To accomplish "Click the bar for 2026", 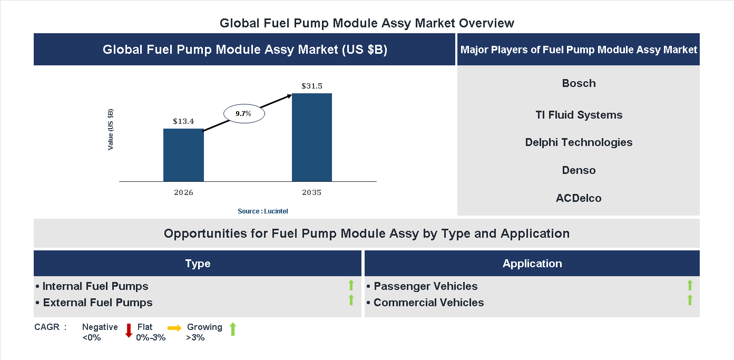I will pyautogui.click(x=183, y=155).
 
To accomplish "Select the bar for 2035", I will pyautogui.click(x=312, y=138).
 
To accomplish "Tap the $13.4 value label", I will pyautogui.click(x=183, y=121).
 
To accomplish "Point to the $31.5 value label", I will pyautogui.click(x=312, y=86).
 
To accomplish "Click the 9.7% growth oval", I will pyautogui.click(x=244, y=113).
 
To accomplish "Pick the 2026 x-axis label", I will pyautogui.click(x=183, y=192).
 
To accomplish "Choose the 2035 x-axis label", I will pyautogui.click(x=312, y=192).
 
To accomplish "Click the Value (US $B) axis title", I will pyautogui.click(x=111, y=129).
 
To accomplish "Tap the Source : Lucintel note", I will pyautogui.click(x=263, y=211).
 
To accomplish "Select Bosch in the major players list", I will pyautogui.click(x=579, y=83).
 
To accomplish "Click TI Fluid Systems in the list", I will pyautogui.click(x=579, y=115).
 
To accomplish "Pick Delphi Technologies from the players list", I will pyautogui.click(x=579, y=142).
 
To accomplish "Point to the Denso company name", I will pyautogui.click(x=579, y=170).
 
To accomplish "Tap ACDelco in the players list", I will pyautogui.click(x=579, y=198).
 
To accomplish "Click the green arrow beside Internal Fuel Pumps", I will pyautogui.click(x=351, y=286).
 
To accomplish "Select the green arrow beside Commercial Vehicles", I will pyautogui.click(x=690, y=300).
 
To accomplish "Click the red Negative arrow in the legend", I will pyautogui.click(x=129, y=330).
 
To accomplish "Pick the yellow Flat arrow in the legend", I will pyautogui.click(x=174, y=327).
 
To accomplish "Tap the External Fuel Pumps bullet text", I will pyautogui.click(x=97, y=303).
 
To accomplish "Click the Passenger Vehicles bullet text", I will pyautogui.click(x=425, y=286).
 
